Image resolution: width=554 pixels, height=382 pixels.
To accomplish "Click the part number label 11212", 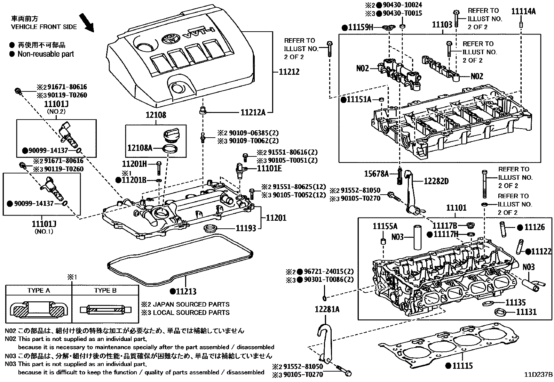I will click(289, 72).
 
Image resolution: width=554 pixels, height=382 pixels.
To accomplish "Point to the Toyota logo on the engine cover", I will click(170, 38).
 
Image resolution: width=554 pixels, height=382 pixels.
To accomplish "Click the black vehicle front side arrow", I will click(87, 22).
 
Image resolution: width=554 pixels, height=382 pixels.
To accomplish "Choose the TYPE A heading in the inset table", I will click(39, 291).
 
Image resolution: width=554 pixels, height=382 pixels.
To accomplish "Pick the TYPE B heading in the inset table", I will click(105, 291).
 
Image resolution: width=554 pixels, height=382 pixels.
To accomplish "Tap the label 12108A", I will click(140, 148).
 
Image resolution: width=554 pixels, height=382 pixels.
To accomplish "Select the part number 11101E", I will click(269, 169).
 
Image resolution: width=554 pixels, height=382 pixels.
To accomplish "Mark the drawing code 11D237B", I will click(539, 374).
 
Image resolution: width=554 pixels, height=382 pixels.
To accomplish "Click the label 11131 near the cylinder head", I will click(526, 312).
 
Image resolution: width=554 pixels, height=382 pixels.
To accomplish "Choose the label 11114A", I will click(523, 11).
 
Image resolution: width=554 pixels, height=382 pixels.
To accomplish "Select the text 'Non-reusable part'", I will click(46, 54).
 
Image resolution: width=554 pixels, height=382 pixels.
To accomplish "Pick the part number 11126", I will click(535, 227).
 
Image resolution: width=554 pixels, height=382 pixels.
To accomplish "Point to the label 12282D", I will click(436, 181).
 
